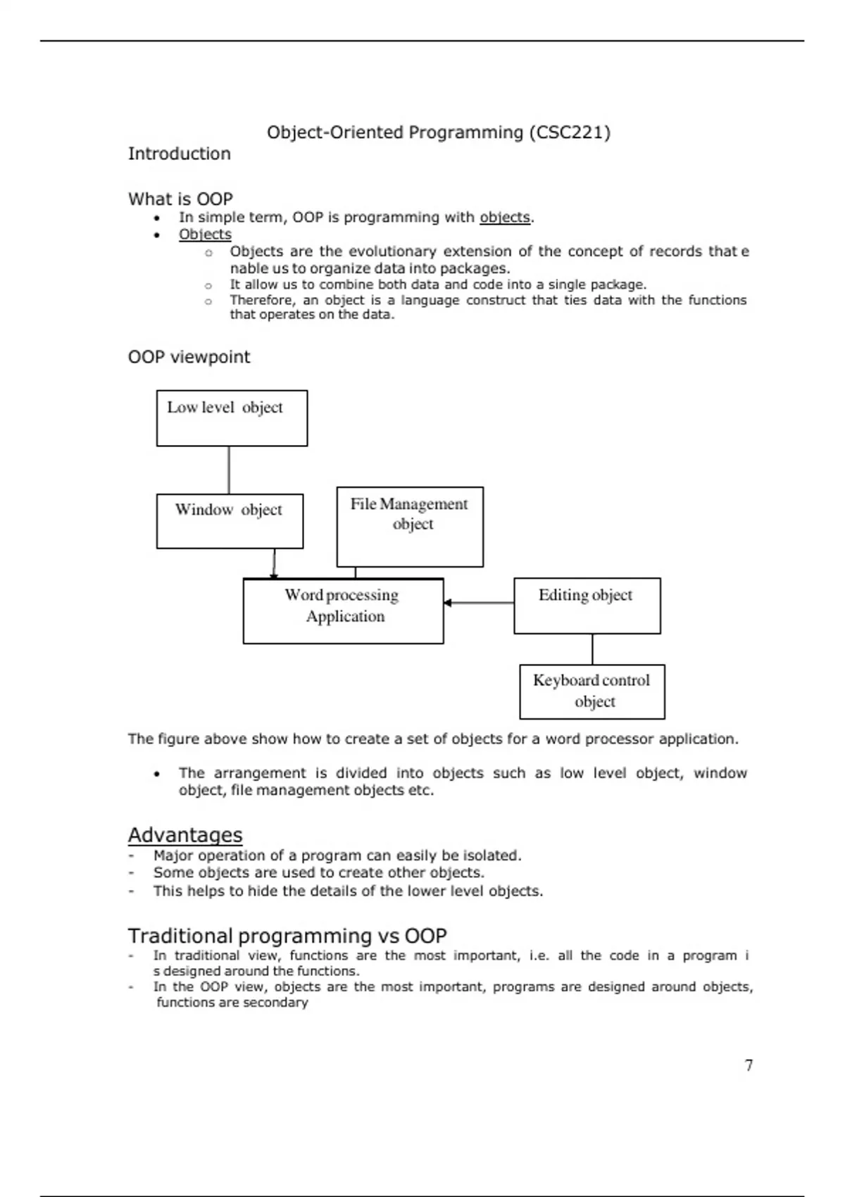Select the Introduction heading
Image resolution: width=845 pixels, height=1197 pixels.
(x=179, y=153)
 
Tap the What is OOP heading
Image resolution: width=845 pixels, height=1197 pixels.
(x=180, y=199)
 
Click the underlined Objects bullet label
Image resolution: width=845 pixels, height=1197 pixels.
(x=205, y=234)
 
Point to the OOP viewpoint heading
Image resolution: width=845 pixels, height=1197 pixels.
(x=189, y=357)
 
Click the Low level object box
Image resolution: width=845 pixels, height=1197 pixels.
(x=232, y=418)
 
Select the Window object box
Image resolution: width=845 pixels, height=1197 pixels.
(x=230, y=521)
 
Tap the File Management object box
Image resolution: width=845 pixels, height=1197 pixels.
(x=410, y=527)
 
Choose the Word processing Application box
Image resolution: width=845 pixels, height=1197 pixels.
(x=343, y=611)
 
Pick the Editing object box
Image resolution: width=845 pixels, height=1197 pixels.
(x=587, y=606)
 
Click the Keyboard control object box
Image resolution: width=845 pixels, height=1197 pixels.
(x=591, y=691)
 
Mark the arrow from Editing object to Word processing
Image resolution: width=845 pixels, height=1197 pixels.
(x=479, y=603)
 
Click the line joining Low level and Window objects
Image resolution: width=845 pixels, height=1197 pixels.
(x=229, y=470)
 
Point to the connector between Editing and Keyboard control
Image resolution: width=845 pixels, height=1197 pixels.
(x=592, y=649)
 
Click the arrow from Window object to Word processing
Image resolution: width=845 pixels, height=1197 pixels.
(x=274, y=563)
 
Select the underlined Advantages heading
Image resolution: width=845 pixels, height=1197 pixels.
(x=185, y=835)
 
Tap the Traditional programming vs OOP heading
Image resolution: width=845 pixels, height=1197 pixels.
(x=287, y=936)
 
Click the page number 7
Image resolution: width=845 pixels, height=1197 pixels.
(x=749, y=1065)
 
